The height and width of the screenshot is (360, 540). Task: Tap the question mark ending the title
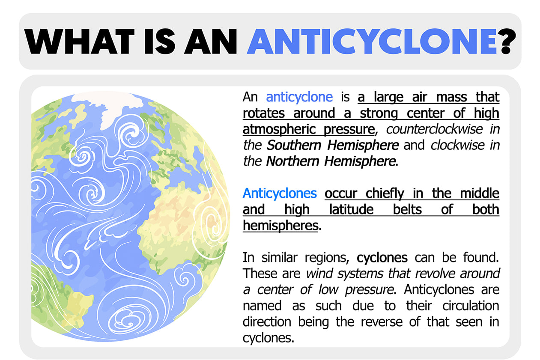tap(508, 41)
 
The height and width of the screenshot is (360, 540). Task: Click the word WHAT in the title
tap(80, 41)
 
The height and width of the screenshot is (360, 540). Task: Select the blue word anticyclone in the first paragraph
tap(299, 97)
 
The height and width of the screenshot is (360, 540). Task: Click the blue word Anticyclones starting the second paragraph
tap(280, 193)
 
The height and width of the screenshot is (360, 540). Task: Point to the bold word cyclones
tap(382, 258)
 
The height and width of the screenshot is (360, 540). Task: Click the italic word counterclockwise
tap(434, 129)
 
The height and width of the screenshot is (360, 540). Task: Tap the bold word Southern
tap(294, 145)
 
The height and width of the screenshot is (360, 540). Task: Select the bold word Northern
tap(292, 161)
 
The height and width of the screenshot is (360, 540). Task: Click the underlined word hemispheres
tap(280, 226)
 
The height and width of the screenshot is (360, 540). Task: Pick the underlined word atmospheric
tap(279, 129)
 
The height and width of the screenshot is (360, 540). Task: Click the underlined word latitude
tap(352, 209)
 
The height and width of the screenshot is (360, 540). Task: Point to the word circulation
tap(471, 306)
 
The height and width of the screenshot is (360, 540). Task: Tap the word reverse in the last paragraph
tap(382, 322)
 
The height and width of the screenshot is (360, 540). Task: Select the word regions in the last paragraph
tap(327, 258)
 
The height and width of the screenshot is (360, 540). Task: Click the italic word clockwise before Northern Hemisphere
tap(457, 145)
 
